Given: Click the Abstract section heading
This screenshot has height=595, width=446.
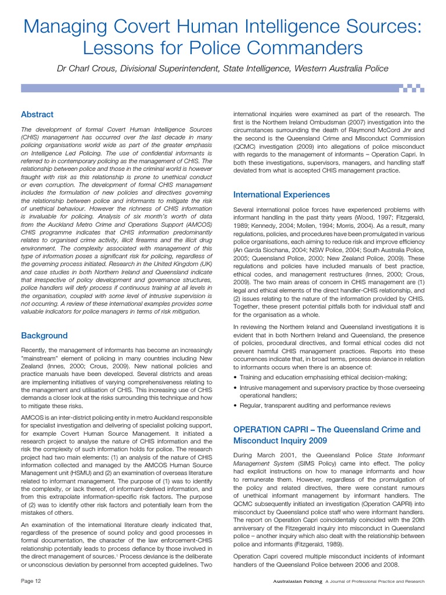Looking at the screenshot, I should click(x=37, y=114).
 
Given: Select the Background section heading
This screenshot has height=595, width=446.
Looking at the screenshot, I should click(x=44, y=335).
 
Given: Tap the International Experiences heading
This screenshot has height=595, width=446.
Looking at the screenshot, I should click(x=281, y=195).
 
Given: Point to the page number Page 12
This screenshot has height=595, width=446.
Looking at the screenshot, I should click(x=31, y=581).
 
